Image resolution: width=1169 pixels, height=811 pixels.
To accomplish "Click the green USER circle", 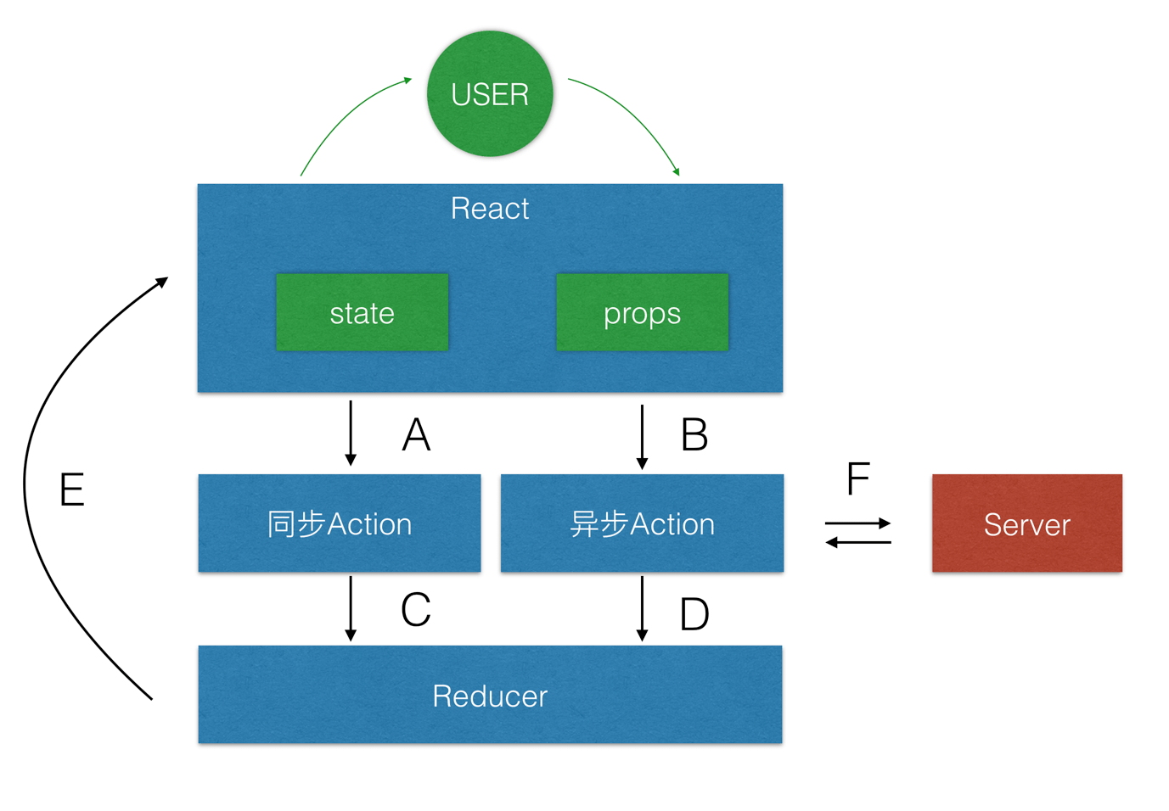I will (x=490, y=93).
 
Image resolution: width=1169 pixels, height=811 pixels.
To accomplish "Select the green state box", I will (x=362, y=312).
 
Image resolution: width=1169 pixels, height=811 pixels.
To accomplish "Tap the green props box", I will (x=642, y=312).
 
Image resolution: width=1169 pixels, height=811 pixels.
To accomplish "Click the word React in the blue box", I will (x=490, y=209).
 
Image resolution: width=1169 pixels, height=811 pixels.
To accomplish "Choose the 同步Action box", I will (x=340, y=523).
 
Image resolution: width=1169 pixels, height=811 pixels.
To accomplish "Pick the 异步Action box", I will (x=642, y=523).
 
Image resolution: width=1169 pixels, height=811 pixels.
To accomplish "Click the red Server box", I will (x=1026, y=523).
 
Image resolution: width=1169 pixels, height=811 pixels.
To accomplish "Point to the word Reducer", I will (x=490, y=696).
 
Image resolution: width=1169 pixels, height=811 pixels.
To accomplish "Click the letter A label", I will (x=416, y=435).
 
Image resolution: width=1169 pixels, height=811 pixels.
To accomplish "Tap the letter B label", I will (x=694, y=435).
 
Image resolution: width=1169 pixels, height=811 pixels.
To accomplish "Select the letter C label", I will (x=416, y=610).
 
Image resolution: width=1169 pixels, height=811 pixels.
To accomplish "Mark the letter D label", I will (x=694, y=614).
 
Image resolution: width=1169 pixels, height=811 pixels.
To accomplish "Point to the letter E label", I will (x=72, y=490).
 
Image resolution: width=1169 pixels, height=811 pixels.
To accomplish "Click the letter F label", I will (x=858, y=479).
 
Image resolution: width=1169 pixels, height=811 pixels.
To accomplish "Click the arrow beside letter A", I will (x=351, y=433).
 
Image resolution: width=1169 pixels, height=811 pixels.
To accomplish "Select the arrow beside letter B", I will (x=642, y=437).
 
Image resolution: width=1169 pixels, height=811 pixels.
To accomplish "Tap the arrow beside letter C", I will (x=351, y=608).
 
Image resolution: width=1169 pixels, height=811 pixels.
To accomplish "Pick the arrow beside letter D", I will (x=642, y=608).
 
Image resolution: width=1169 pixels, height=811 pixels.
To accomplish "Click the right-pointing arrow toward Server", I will (x=857, y=523).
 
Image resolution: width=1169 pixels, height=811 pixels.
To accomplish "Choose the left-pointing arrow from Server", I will (x=857, y=542).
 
